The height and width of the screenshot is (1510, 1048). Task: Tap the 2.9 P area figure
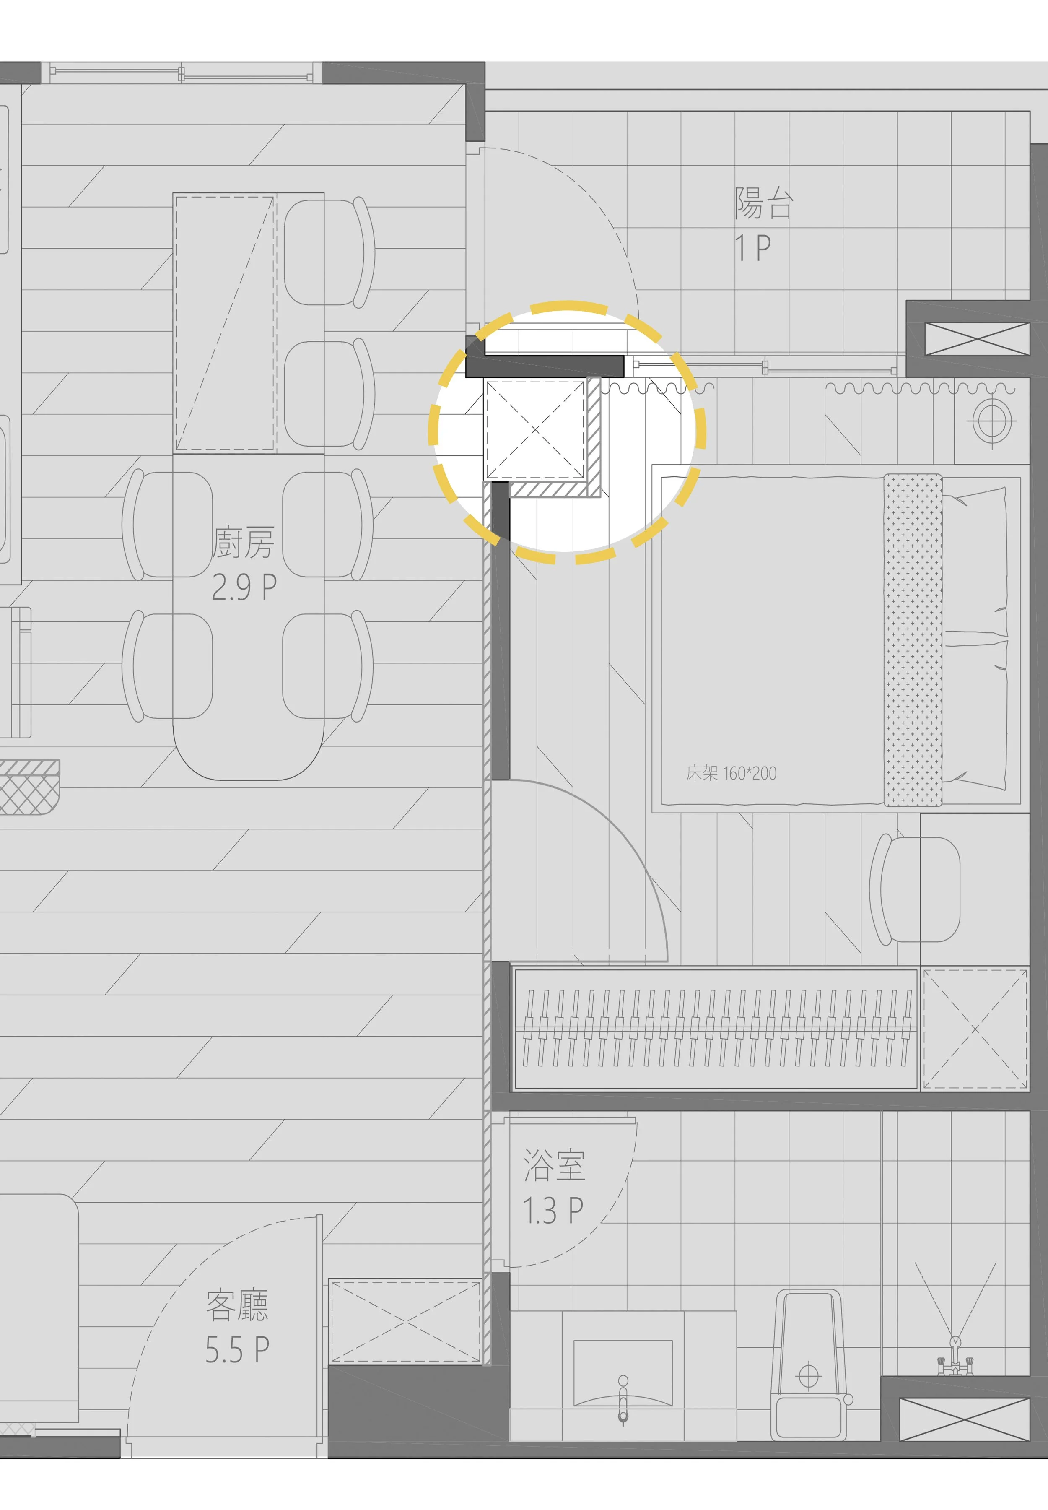244,587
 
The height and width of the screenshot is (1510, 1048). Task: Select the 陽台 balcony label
764,203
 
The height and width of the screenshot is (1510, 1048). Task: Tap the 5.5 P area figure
237,1349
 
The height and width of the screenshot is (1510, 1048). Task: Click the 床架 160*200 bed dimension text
731,773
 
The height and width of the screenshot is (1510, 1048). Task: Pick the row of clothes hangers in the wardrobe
716,1028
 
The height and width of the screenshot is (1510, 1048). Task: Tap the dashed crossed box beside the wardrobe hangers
975,1029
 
